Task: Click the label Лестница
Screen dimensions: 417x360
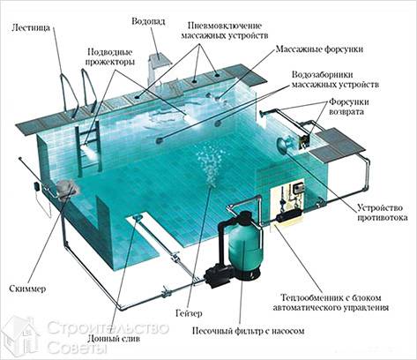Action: pos(31,28)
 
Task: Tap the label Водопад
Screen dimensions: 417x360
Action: pos(148,22)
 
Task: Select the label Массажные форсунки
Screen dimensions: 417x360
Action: pos(319,49)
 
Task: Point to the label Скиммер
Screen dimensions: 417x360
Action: pos(27,289)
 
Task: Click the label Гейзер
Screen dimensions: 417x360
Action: pos(189,313)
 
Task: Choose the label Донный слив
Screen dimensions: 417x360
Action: pos(114,339)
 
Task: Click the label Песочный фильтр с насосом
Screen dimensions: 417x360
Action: pos(248,331)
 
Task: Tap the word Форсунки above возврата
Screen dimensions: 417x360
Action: pos(348,102)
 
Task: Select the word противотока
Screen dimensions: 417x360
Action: pos(382,218)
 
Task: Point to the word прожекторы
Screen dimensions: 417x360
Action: pos(109,62)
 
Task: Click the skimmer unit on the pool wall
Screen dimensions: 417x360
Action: pos(66,188)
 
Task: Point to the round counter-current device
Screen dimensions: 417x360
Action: pos(285,142)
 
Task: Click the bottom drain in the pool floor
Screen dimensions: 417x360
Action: pos(138,218)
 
